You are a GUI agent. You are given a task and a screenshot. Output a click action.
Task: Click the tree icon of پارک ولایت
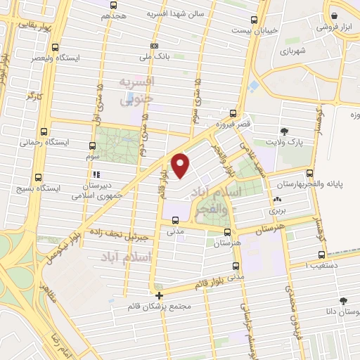[x=284, y=131]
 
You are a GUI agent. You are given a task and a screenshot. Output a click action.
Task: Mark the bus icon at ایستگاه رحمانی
[x=44, y=131]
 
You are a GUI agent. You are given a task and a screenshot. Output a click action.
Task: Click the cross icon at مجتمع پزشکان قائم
[x=160, y=296]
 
